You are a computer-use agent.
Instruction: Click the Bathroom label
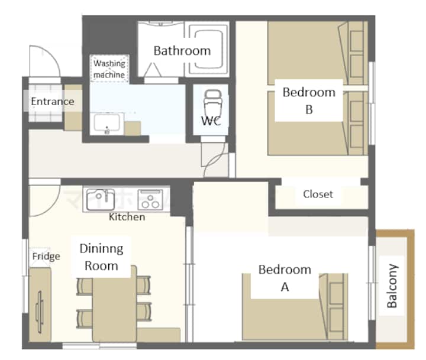click(182, 51)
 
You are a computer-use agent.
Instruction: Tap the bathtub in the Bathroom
click(208, 49)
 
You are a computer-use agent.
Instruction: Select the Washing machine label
click(109, 69)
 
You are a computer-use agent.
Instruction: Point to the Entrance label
click(53, 101)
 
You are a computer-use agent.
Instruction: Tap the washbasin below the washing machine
click(106, 123)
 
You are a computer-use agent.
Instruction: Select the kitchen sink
click(100, 200)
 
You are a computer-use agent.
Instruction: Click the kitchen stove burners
click(150, 200)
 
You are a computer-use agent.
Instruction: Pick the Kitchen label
click(127, 217)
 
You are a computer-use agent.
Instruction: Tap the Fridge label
click(46, 257)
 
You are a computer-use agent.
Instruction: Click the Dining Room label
click(101, 257)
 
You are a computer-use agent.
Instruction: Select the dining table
click(114, 303)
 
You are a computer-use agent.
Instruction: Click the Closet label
click(318, 194)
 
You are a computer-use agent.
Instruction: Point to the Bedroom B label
click(309, 100)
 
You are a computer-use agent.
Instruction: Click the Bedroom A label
click(285, 278)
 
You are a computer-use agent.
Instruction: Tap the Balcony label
click(392, 286)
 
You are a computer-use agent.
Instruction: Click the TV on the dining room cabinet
click(40, 312)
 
